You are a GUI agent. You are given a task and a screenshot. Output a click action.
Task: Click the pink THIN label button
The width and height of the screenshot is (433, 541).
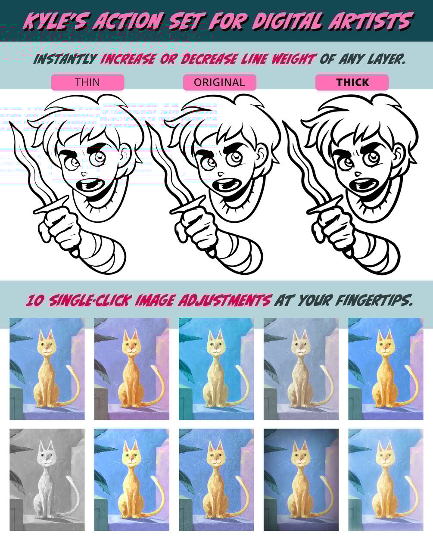pos(87,82)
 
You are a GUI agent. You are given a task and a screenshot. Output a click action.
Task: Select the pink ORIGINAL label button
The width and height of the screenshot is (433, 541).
pos(219,82)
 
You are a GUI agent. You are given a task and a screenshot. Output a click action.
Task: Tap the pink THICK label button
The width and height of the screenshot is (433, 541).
pos(352,82)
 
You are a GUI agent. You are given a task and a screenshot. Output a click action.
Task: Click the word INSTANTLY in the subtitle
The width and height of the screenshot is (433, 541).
pos(65,59)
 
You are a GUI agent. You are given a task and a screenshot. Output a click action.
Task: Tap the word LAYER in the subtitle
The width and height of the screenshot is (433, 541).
pos(386,59)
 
